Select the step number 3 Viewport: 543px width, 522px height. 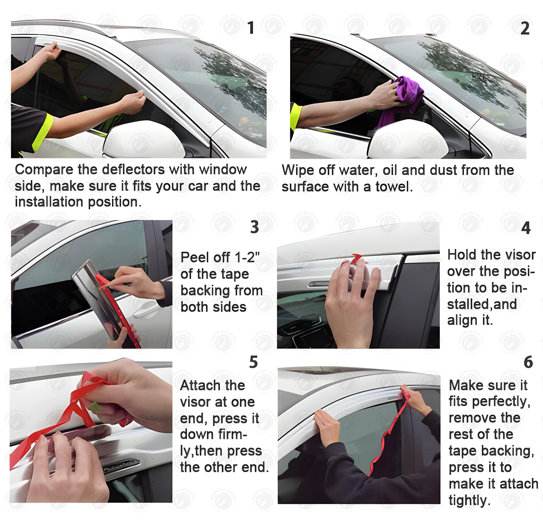coord(254,227)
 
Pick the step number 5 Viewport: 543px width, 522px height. coord(253,362)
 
